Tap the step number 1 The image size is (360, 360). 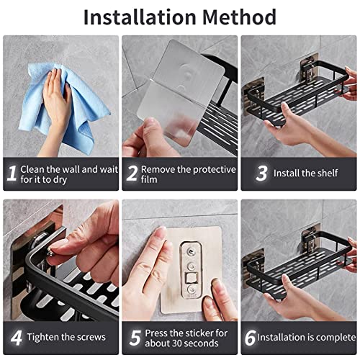11,174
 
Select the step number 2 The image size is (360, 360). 132,174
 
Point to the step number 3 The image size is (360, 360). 261,174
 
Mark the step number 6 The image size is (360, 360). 249,337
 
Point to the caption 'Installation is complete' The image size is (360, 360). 307,337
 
